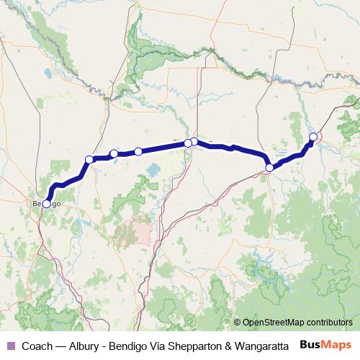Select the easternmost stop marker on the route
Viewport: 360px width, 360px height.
click(313, 137)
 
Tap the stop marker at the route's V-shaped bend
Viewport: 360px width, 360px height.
click(269, 168)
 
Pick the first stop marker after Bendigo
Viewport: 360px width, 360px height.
click(89, 159)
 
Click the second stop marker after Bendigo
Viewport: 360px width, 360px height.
click(114, 153)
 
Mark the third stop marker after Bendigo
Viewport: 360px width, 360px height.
click(138, 151)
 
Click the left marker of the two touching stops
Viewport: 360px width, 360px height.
click(188, 143)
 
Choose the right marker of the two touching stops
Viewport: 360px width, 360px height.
click(194, 141)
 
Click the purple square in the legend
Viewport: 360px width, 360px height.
click(10, 345)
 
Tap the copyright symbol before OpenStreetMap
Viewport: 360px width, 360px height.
click(237, 323)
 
